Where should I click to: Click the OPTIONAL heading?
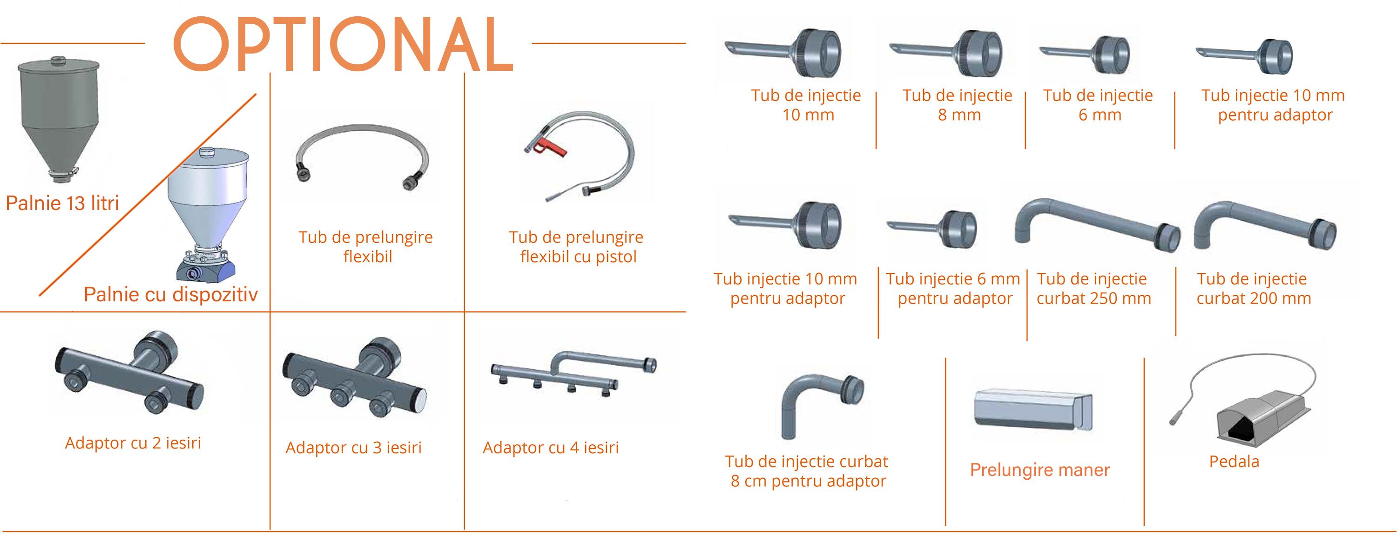click(343, 45)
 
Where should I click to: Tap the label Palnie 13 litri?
click(62, 204)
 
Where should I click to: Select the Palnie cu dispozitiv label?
click(170, 294)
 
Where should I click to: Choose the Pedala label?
click(1235, 462)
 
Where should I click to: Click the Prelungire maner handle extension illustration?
click(1033, 411)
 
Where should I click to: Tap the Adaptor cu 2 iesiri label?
click(133, 443)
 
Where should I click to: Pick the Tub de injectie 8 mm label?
click(957, 105)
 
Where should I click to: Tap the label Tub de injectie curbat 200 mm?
click(1253, 289)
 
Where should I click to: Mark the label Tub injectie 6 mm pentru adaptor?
click(953, 289)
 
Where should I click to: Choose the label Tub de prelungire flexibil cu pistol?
click(576, 247)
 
